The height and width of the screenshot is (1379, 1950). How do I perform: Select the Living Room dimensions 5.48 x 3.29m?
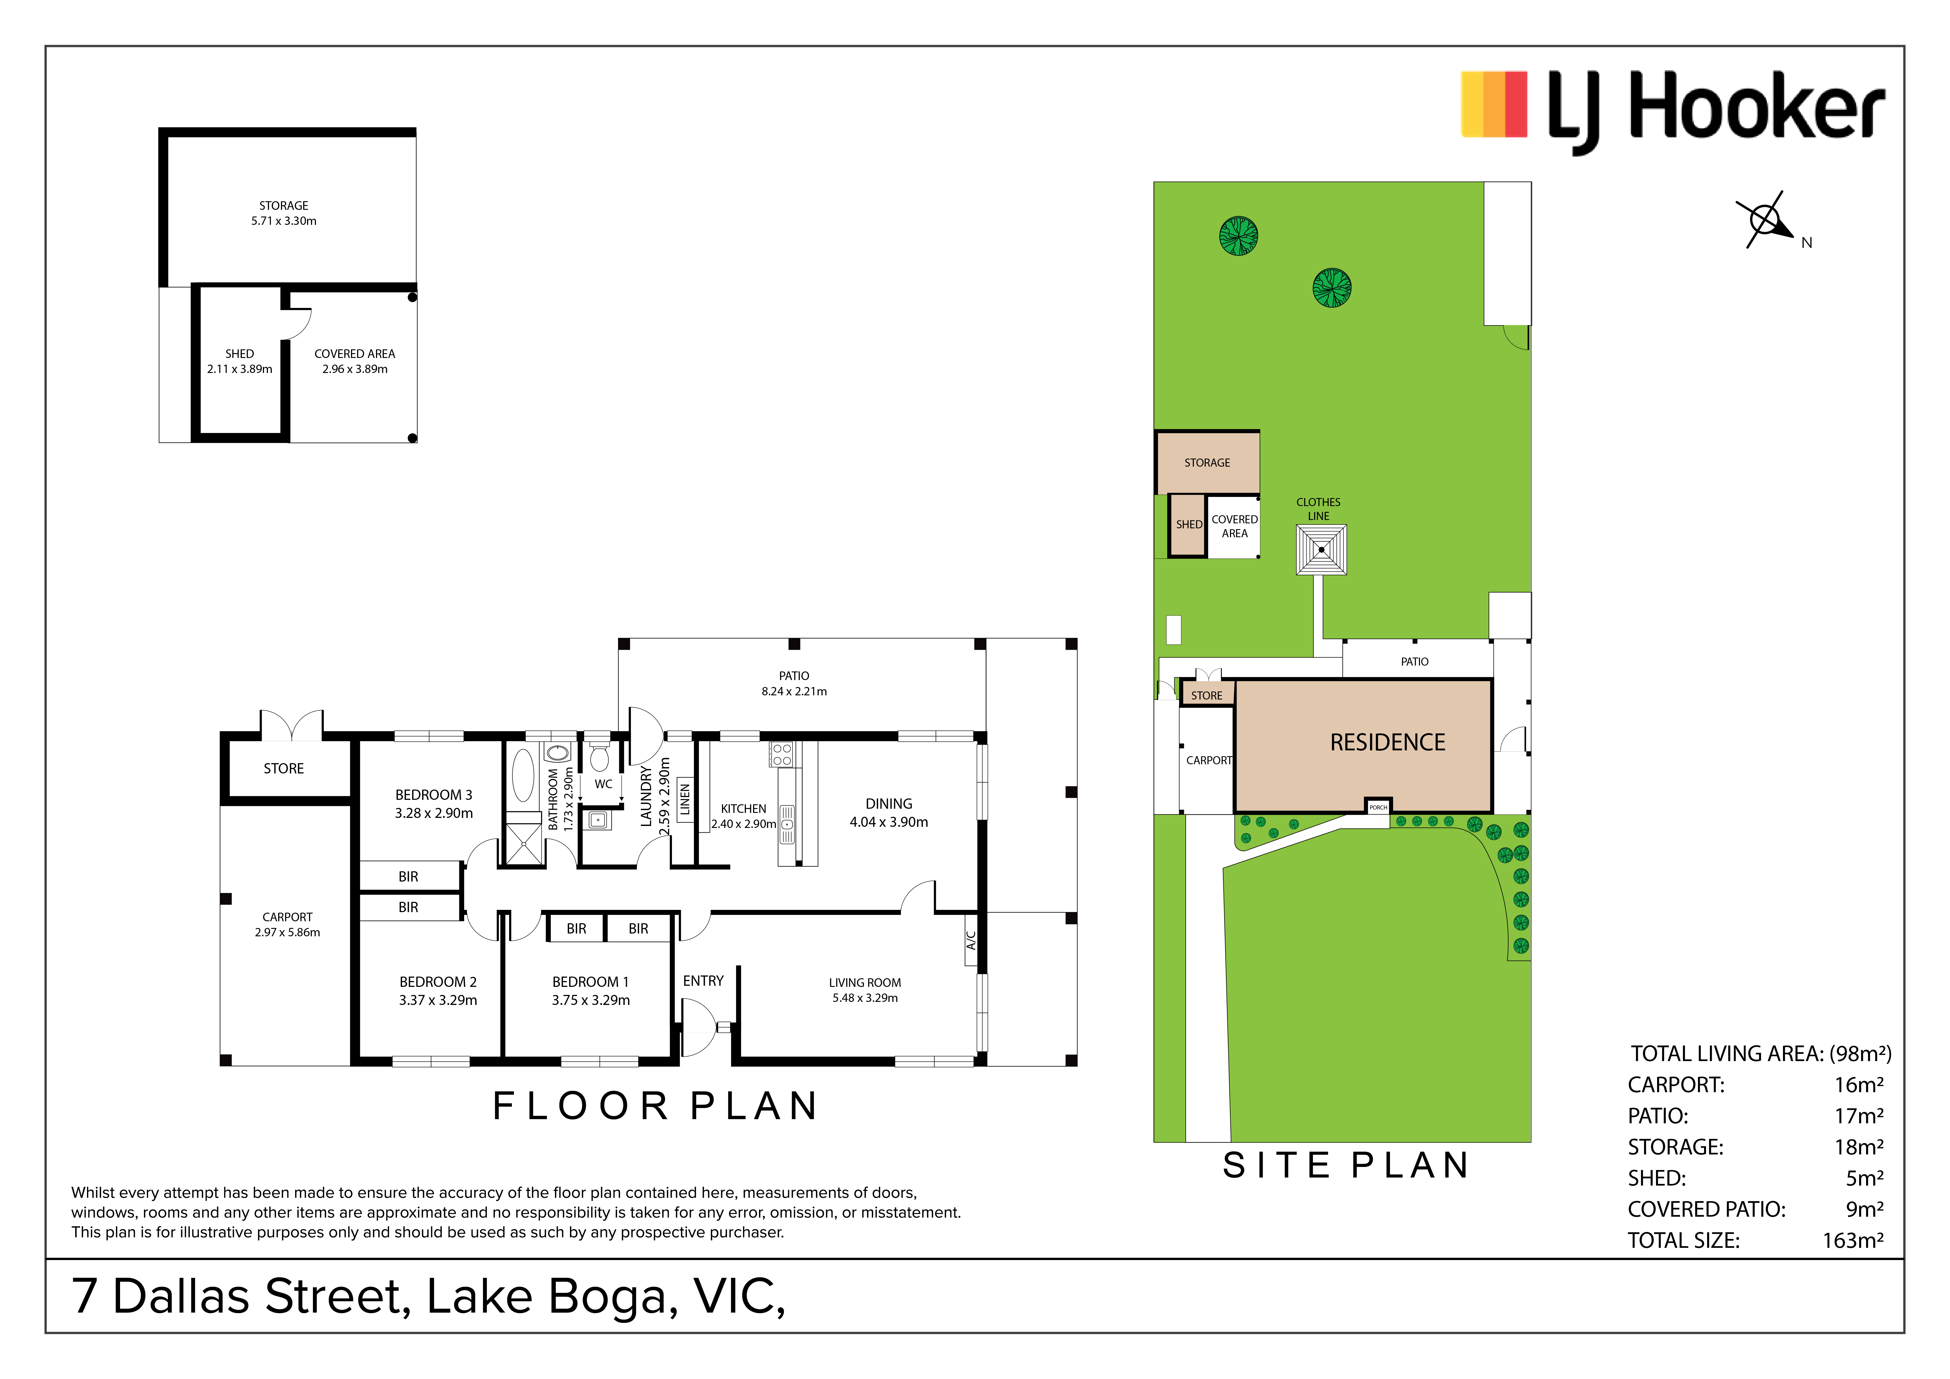(x=865, y=998)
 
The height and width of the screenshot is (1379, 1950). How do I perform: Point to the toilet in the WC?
(x=600, y=756)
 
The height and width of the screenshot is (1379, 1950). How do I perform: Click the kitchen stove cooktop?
(x=781, y=754)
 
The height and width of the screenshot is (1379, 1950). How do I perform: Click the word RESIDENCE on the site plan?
(x=1387, y=742)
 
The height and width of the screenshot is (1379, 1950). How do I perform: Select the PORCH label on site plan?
(x=1378, y=807)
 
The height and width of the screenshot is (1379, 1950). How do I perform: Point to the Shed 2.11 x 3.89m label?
(x=240, y=361)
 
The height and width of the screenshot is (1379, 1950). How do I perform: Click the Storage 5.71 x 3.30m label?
(x=284, y=213)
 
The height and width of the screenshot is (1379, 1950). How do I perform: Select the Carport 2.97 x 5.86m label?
(x=287, y=925)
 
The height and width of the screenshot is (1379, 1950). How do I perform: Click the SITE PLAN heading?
(x=1346, y=1165)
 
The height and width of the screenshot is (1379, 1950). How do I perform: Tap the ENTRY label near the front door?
(x=703, y=981)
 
